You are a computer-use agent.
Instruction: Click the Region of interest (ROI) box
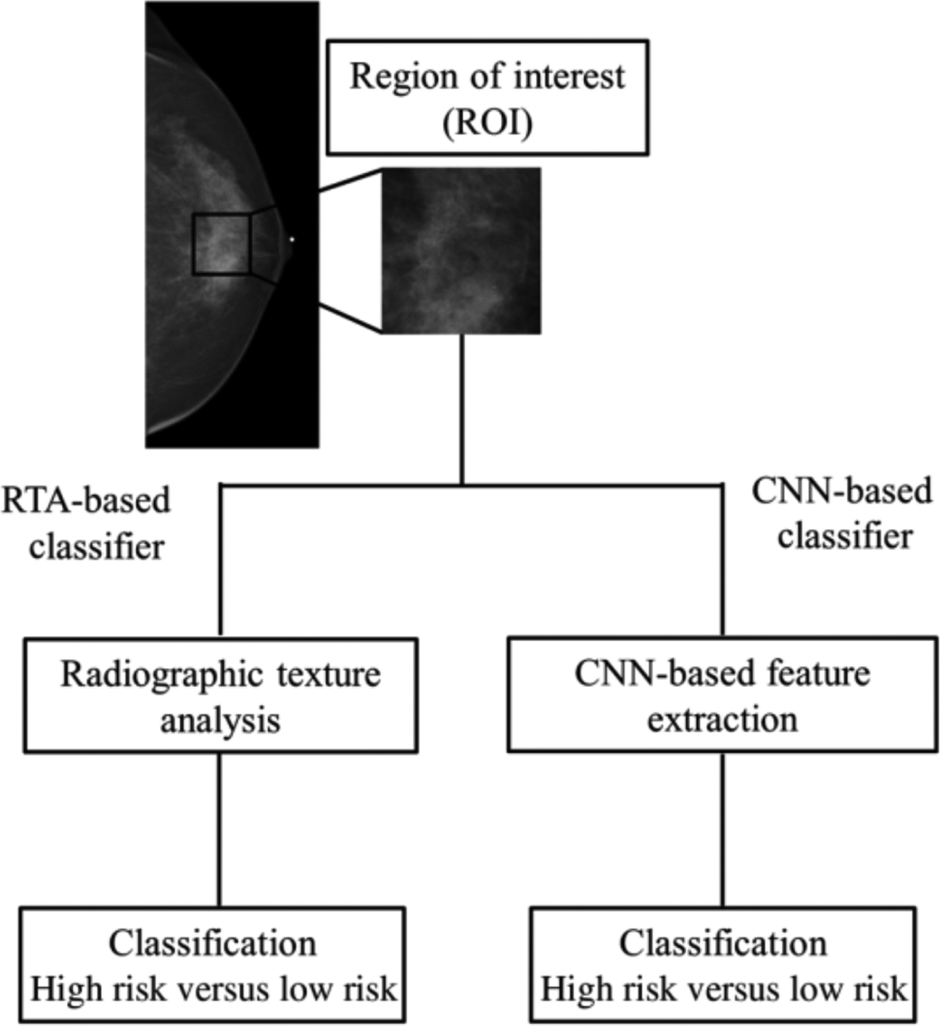(x=487, y=97)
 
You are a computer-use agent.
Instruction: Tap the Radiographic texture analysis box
(x=220, y=696)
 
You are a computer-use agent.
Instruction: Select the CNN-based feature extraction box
(x=722, y=695)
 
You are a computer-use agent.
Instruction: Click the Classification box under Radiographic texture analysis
(x=212, y=964)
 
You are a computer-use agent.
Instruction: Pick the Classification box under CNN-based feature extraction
(x=723, y=964)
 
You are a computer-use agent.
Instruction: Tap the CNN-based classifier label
(x=843, y=513)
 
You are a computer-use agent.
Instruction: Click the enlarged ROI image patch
(x=461, y=250)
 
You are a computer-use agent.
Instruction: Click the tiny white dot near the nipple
(x=291, y=239)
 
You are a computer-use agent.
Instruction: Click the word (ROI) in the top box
(x=488, y=123)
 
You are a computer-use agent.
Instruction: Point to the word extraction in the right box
(x=722, y=719)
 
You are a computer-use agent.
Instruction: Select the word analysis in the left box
(x=220, y=720)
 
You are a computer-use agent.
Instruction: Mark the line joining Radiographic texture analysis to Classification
(x=219, y=830)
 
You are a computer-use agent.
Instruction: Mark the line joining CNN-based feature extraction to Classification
(x=723, y=830)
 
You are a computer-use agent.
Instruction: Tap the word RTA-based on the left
(x=86, y=500)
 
